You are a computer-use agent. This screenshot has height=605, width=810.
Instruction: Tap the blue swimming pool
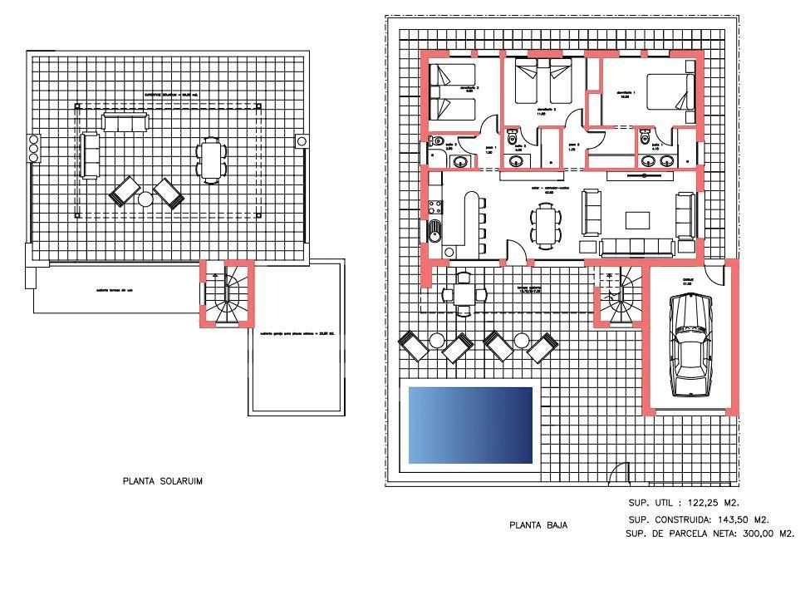(470, 425)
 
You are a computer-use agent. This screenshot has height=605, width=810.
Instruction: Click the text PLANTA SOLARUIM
(163, 481)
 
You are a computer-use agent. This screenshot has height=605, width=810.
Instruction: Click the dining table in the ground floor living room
(545, 225)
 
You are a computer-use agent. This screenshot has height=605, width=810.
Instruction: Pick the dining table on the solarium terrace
(211, 160)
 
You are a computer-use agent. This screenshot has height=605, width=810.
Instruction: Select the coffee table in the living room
(638, 220)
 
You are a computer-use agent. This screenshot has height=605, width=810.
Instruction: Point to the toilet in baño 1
(645, 139)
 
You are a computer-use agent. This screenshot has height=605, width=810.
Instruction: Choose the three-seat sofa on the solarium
(125, 123)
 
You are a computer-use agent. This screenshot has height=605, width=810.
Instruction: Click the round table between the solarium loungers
(145, 199)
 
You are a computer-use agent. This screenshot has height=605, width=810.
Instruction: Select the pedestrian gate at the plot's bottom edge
(616, 476)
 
